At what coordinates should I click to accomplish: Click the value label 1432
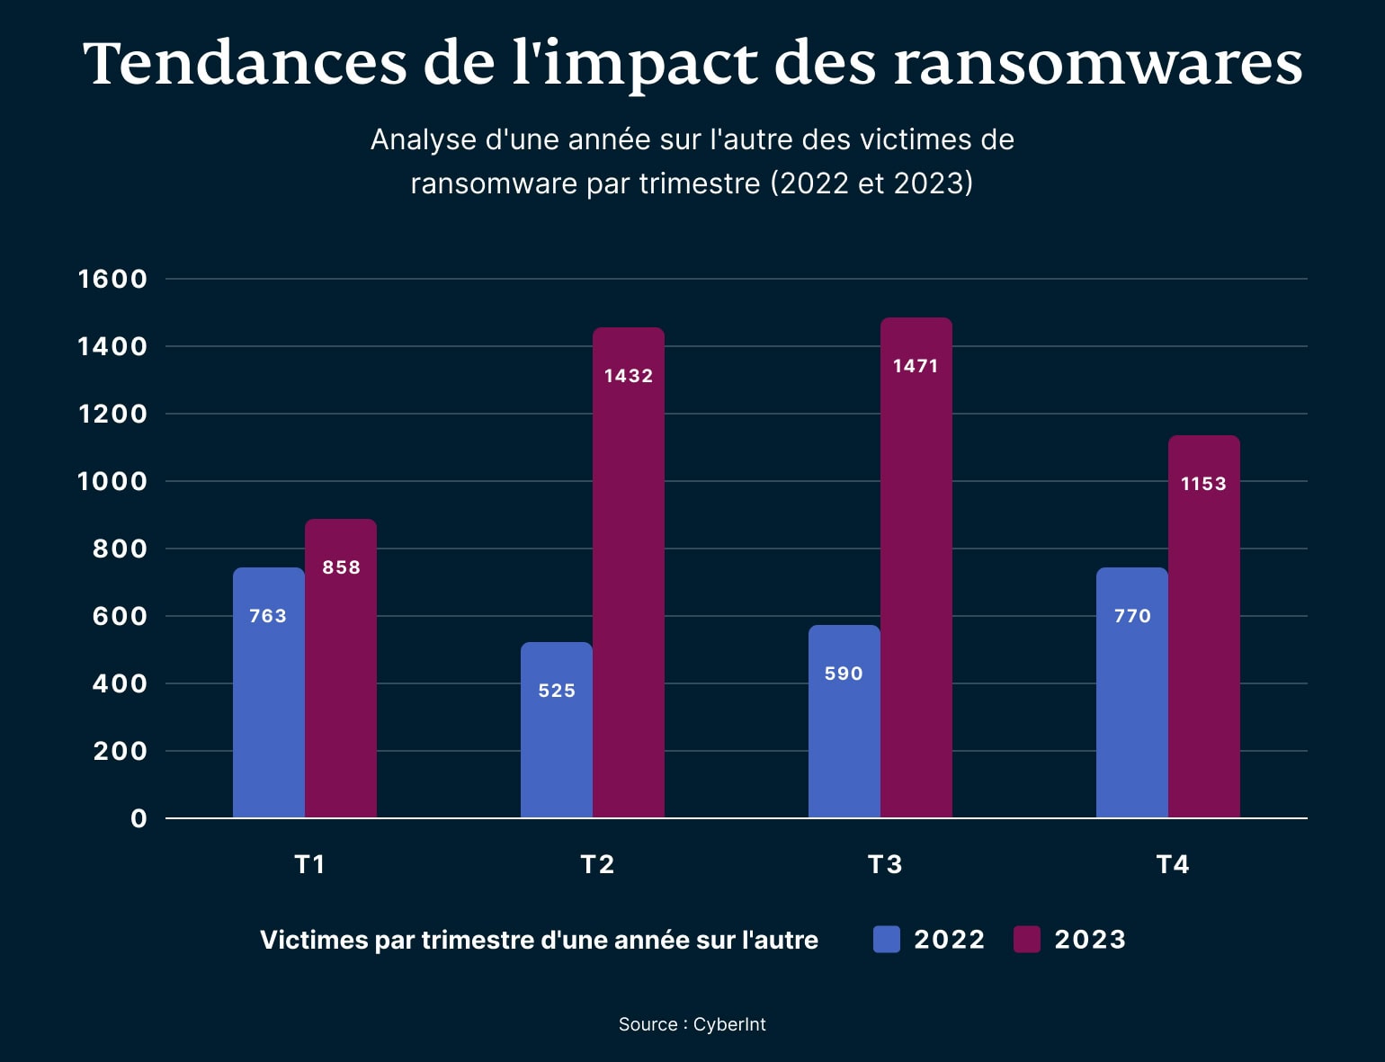(x=629, y=376)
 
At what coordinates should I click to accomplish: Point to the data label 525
(x=557, y=691)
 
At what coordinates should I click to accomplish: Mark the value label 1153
(x=1203, y=484)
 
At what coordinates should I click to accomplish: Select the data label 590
(x=844, y=674)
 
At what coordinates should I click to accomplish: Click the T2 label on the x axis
(x=597, y=864)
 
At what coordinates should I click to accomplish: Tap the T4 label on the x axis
(x=1173, y=864)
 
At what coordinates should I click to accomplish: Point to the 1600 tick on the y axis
(x=112, y=279)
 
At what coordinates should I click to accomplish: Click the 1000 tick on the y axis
(x=112, y=481)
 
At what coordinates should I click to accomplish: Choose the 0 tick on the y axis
(x=138, y=818)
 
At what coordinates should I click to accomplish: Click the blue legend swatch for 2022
(x=886, y=940)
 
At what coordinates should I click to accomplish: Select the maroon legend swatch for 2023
(x=1026, y=940)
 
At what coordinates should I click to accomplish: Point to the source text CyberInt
(x=729, y=1024)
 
